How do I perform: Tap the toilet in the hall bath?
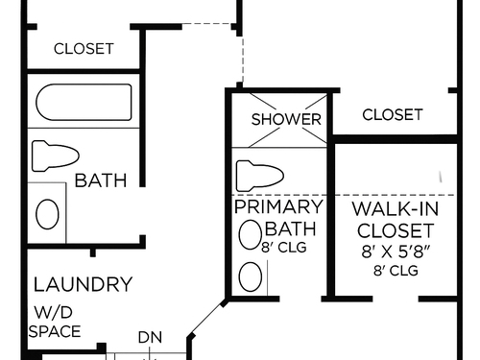pos(56,156)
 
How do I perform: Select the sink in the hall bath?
pos(47,214)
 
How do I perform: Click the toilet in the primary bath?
pos(260,176)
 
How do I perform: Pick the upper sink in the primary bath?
pos(251,234)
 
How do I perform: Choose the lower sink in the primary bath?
pos(251,276)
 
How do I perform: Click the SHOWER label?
pos(286,119)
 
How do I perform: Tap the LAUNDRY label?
pos(83,284)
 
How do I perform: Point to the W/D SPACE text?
pos(55,322)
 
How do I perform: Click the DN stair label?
pos(150,337)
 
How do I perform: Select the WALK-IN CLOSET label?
pos(396,220)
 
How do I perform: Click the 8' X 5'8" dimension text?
pos(396,252)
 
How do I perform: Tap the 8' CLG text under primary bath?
pos(284,248)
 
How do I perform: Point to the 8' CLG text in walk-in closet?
pos(396,271)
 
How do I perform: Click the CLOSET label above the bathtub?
pos(84,49)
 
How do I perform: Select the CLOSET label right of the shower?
pos(393,114)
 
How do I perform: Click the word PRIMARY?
pos(278,206)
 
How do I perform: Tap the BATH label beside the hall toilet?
pos(101,180)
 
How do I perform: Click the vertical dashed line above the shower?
pos(243,60)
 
